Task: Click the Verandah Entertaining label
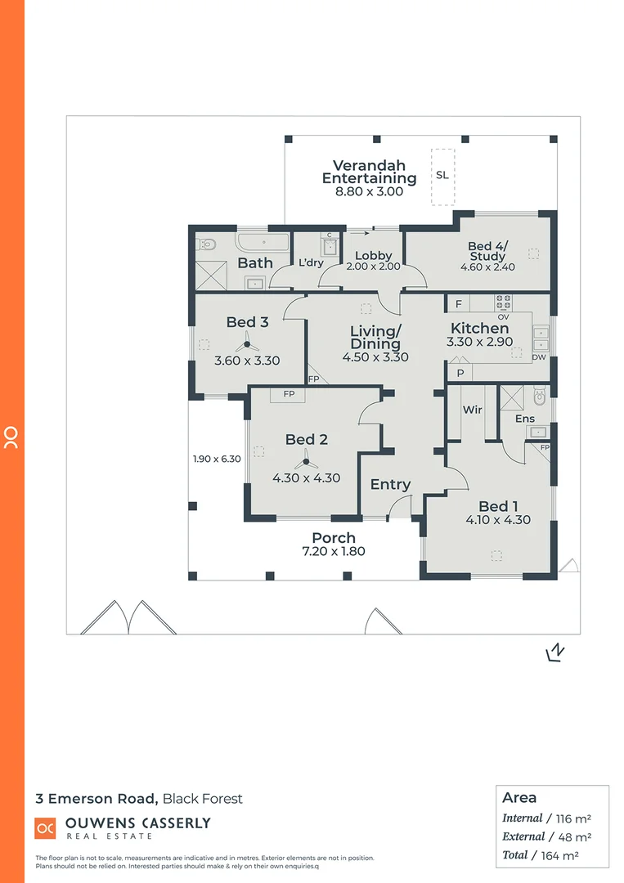click(369, 172)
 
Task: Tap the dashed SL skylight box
click(442, 176)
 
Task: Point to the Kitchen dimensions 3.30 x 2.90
click(480, 343)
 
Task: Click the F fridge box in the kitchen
click(459, 304)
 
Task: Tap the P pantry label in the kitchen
click(460, 373)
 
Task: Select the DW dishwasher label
click(538, 357)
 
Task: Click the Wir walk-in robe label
click(472, 410)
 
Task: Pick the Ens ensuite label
click(524, 419)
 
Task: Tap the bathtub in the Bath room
click(262, 243)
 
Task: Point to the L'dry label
click(311, 262)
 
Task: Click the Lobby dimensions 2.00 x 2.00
click(373, 267)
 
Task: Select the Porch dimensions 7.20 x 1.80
click(334, 551)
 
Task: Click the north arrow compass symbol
click(555, 652)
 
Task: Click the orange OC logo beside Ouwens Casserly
click(45, 827)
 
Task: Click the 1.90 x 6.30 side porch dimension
click(217, 459)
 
